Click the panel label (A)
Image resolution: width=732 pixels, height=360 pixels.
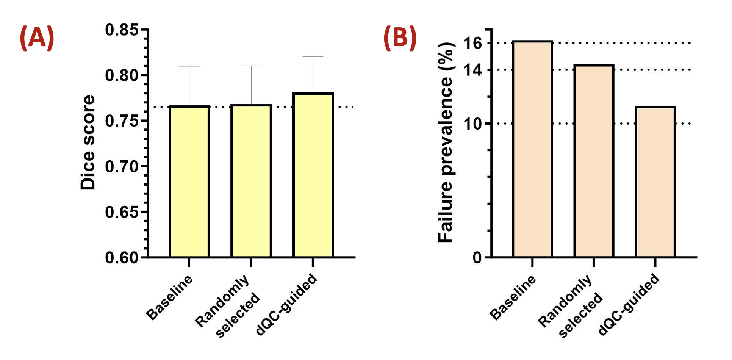click(x=37, y=38)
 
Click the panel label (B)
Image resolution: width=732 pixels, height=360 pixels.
click(x=400, y=38)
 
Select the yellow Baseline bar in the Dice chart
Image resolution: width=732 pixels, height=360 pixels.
click(x=189, y=182)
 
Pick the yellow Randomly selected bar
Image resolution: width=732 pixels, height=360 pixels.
click(x=251, y=181)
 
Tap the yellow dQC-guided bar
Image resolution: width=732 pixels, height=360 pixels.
click(x=313, y=175)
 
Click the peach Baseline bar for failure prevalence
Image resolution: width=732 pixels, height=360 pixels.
click(x=532, y=149)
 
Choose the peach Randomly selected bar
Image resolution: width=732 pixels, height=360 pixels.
click(x=594, y=161)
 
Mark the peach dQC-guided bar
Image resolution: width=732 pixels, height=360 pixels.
click(x=655, y=182)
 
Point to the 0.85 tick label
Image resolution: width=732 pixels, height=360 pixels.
click(x=121, y=30)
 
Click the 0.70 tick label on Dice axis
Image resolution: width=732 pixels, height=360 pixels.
click(x=121, y=166)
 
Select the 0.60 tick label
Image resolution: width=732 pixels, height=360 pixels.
click(x=121, y=258)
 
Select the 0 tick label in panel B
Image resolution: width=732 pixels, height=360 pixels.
click(x=477, y=258)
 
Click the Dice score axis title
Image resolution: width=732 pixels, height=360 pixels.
click(x=88, y=142)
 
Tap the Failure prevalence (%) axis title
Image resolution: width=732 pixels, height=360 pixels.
click(x=446, y=142)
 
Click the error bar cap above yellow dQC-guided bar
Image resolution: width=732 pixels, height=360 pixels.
click(x=313, y=57)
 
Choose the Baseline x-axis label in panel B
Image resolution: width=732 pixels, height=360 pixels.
click(x=513, y=297)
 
